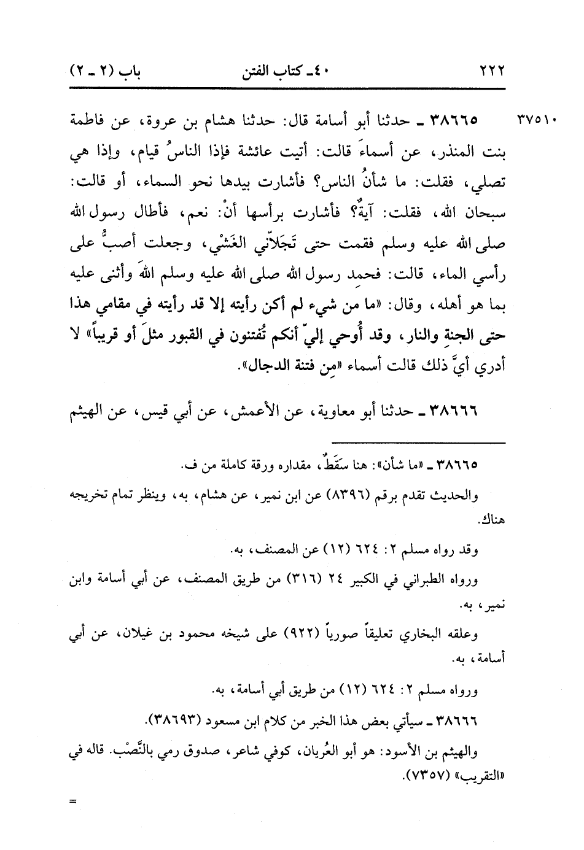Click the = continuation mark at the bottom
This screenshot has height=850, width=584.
(75, 801)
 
